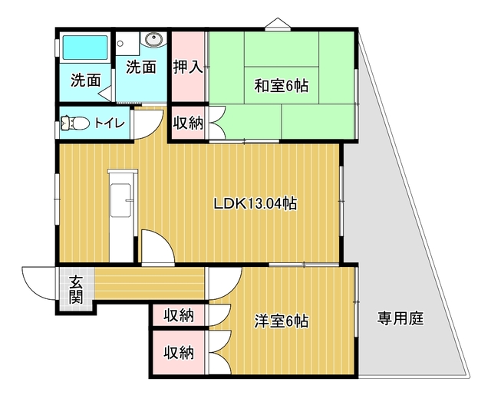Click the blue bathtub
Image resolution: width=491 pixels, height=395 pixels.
(85, 48)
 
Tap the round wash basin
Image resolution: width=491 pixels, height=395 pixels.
(153, 39)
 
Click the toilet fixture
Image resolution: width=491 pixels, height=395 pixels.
(75, 123)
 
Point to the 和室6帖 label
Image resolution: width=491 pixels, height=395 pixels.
(281, 86)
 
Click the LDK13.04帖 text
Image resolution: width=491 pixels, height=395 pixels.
(255, 204)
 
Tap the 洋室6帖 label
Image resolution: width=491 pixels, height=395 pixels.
(281, 321)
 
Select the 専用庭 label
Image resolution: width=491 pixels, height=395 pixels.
(400, 318)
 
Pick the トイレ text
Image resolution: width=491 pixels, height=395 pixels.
(110, 123)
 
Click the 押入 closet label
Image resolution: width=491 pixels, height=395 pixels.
(188, 67)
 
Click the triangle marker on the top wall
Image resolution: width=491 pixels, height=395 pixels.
(278, 24)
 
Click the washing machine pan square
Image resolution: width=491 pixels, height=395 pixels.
(127, 44)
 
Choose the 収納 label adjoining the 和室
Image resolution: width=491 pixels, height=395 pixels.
(189, 123)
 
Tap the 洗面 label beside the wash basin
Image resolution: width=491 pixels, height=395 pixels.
(141, 67)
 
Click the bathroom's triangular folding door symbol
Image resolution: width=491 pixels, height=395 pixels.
(106, 92)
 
